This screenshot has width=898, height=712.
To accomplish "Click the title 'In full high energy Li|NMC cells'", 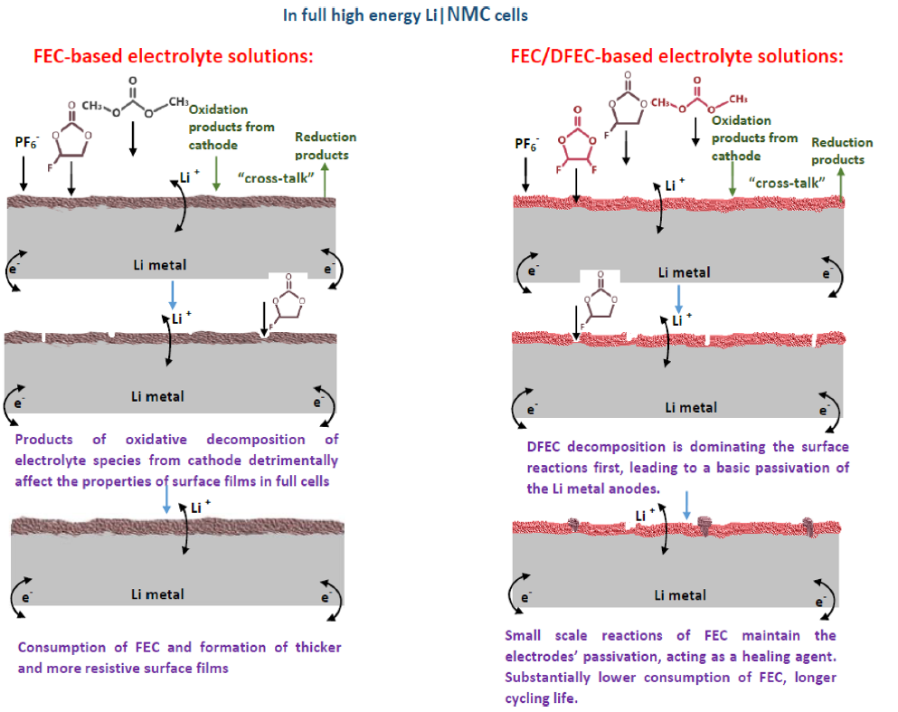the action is pyautogui.click(x=405, y=14).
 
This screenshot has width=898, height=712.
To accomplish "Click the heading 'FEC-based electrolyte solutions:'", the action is pyautogui.click(x=174, y=56).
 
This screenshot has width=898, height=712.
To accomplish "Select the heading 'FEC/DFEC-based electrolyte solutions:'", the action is pyautogui.click(x=677, y=56).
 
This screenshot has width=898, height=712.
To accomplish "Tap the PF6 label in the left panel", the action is pyautogui.click(x=26, y=142).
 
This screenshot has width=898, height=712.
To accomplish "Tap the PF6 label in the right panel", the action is pyautogui.click(x=525, y=145).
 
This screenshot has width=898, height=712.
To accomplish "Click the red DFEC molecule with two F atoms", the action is pyautogui.click(x=577, y=141).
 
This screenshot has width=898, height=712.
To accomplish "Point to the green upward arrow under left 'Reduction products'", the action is pyautogui.click(x=325, y=180).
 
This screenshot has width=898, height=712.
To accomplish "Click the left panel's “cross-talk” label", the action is pyautogui.click(x=276, y=178).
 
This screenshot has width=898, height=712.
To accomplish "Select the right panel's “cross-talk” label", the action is pyautogui.click(x=787, y=183).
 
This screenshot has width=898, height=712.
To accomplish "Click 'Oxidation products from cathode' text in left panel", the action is pyautogui.click(x=232, y=128).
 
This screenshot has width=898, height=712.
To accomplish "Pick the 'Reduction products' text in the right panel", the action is pyautogui.click(x=842, y=151).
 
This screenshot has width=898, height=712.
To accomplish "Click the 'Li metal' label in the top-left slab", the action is pyautogui.click(x=160, y=265).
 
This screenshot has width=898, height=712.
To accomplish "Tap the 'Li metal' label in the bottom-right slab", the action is pyautogui.click(x=680, y=595).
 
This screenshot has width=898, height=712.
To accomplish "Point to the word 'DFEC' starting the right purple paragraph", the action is pyautogui.click(x=543, y=447).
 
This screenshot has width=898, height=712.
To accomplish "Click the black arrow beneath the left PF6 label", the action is pyautogui.click(x=24, y=173).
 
